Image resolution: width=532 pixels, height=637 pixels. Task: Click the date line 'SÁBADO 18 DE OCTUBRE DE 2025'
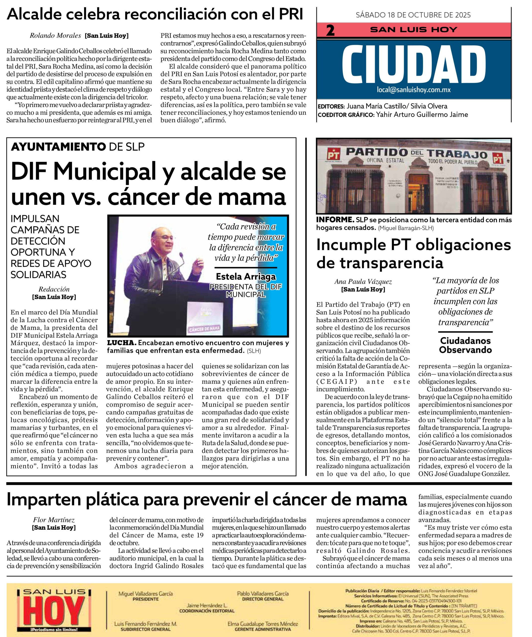tap(413, 15)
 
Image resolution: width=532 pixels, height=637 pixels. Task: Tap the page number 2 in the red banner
tap(330, 31)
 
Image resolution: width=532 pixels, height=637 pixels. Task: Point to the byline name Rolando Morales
tap(55, 36)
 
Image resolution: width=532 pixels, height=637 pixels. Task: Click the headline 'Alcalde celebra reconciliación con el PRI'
tap(155, 14)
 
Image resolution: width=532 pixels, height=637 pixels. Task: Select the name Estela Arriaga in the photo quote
tap(245, 276)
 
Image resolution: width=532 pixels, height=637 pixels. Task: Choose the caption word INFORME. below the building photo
tap(335, 220)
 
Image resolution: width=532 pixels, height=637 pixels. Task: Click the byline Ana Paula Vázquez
tap(363, 282)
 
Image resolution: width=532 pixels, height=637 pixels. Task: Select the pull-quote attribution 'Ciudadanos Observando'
tap(465, 345)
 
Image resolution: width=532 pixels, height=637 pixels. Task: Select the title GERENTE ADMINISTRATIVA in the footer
tap(262, 629)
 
